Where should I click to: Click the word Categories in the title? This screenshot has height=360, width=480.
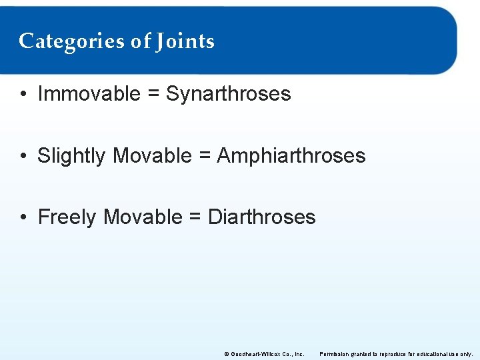point(71,41)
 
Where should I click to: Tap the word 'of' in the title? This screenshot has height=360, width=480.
point(141,41)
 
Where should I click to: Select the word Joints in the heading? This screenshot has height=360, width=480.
point(185,41)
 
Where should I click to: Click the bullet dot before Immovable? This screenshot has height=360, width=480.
point(23,95)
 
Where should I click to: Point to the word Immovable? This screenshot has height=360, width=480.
point(89,94)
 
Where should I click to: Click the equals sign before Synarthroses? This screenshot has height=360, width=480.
point(153,95)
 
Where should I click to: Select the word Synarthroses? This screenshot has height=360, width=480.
point(229,94)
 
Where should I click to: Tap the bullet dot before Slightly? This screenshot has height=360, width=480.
point(23,156)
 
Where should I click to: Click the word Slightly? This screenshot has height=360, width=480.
point(71,156)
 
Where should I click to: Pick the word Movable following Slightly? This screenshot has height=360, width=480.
point(152,156)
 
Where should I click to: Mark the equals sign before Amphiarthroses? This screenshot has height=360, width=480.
point(204,157)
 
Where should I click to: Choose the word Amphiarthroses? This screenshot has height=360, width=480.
point(291,156)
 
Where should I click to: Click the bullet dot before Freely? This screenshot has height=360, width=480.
point(23,217)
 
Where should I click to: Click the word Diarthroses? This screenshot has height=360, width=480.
point(262,217)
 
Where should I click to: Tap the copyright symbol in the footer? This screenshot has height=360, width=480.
point(226,354)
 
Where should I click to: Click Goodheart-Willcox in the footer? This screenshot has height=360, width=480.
point(254,354)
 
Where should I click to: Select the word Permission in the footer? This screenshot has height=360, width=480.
point(335,354)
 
